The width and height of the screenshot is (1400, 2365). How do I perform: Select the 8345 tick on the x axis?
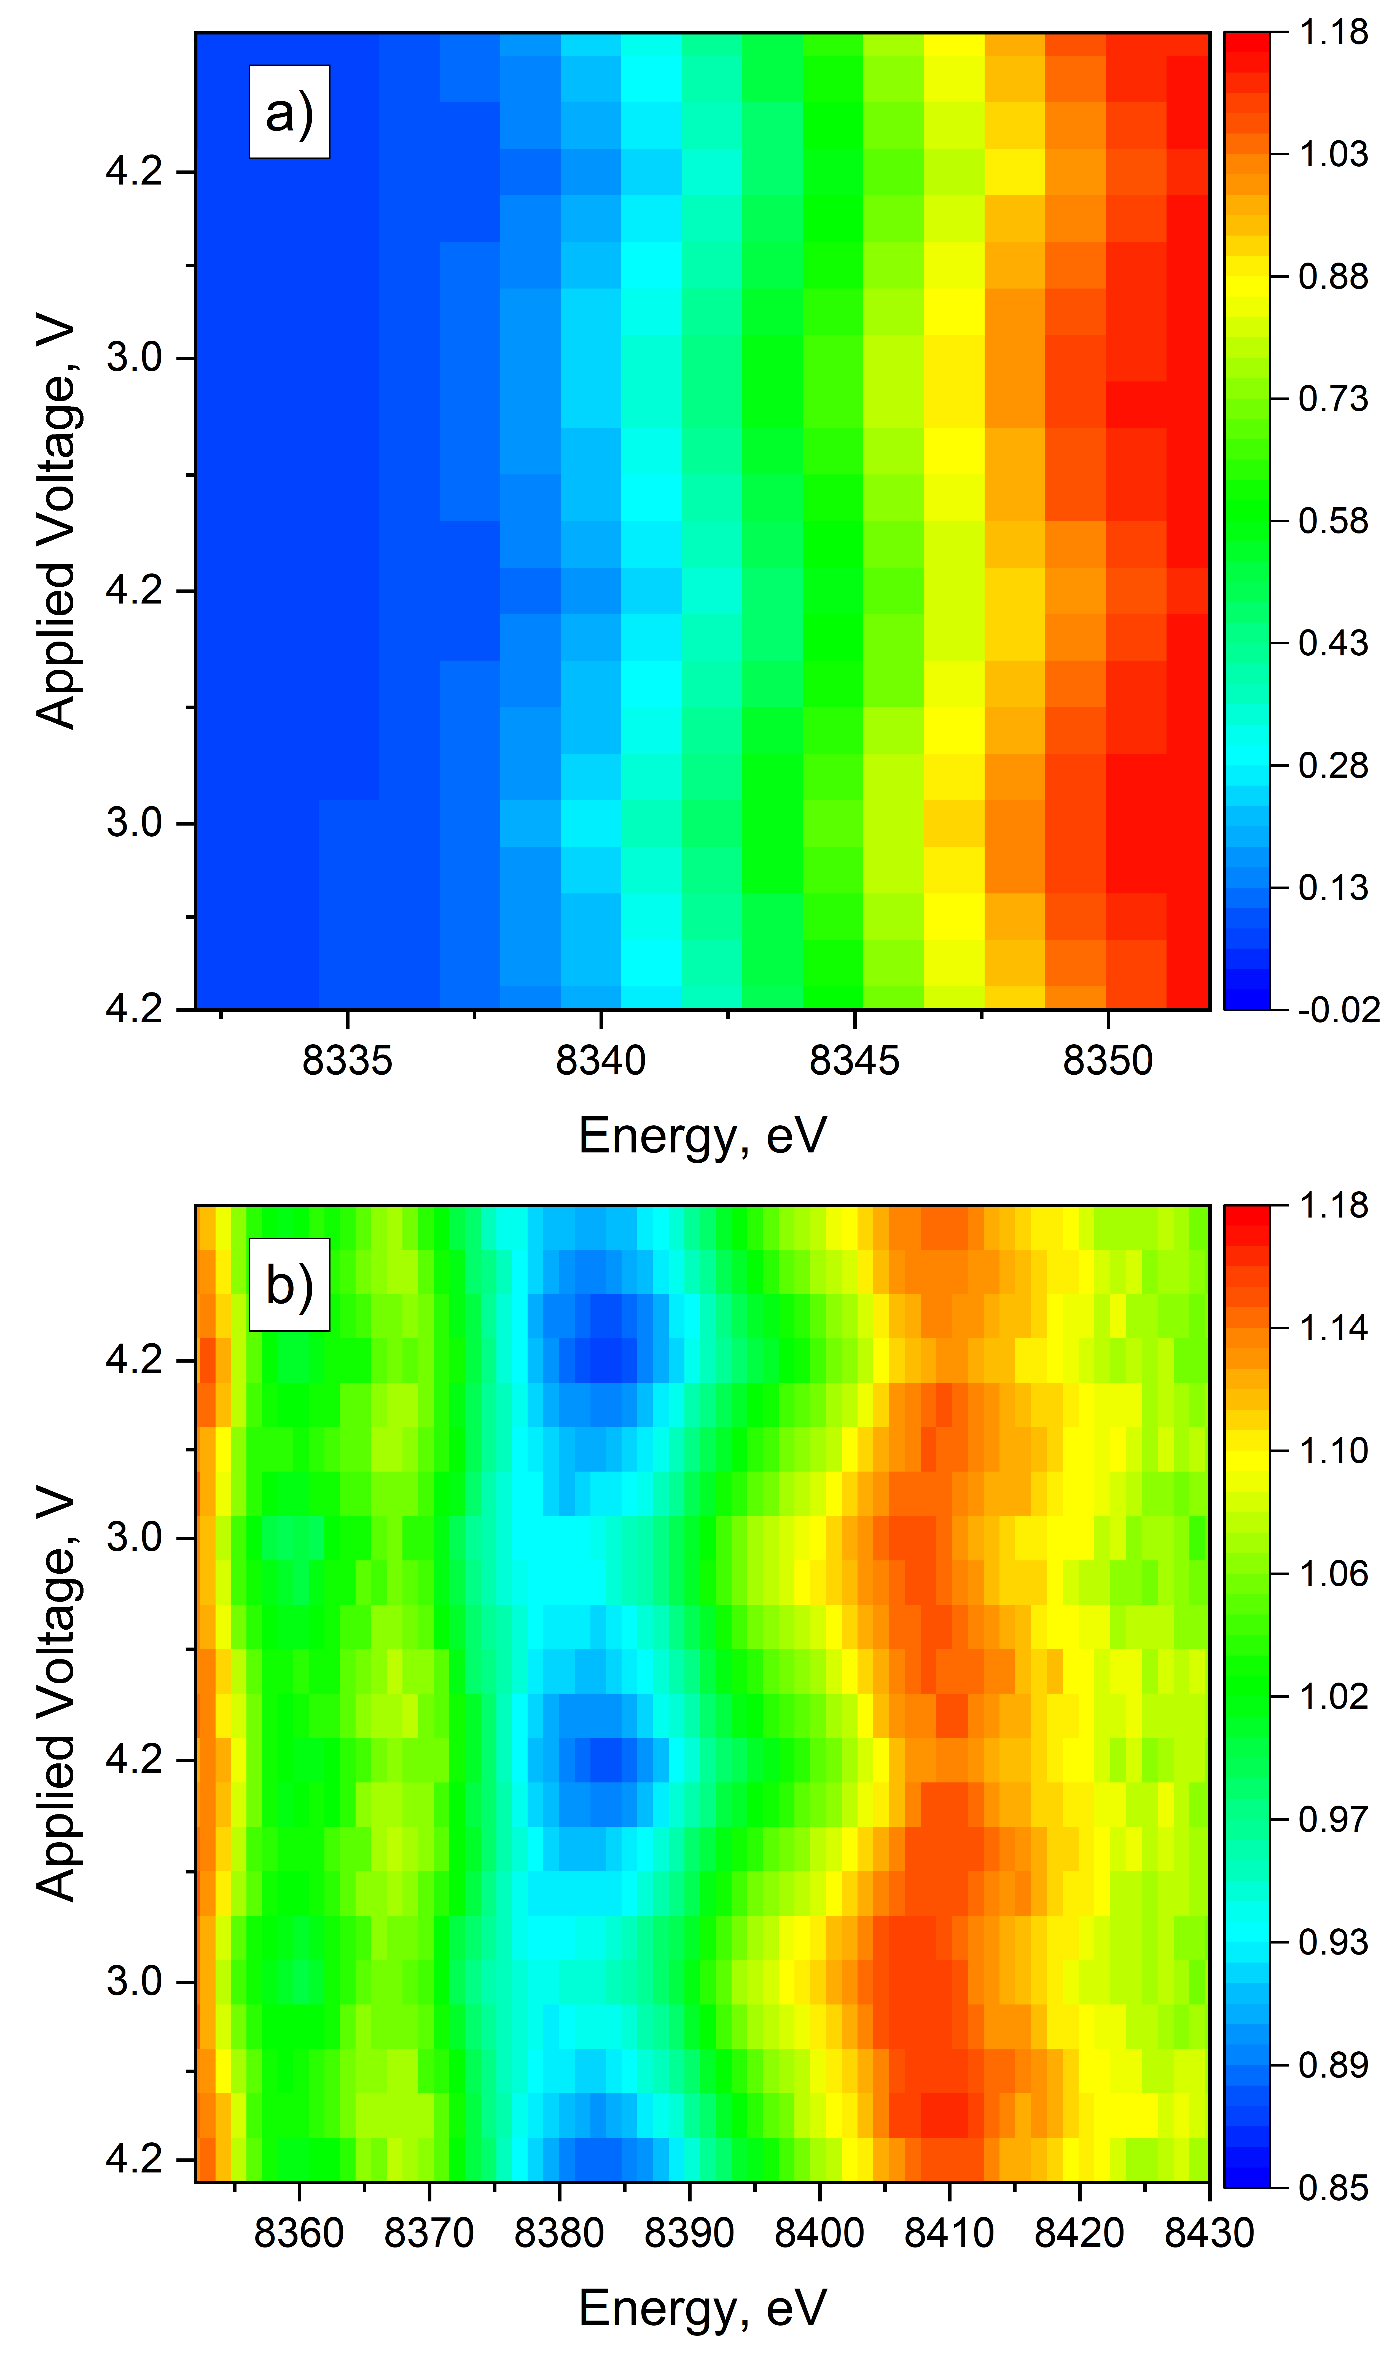pyautogui.click(x=855, y=1062)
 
